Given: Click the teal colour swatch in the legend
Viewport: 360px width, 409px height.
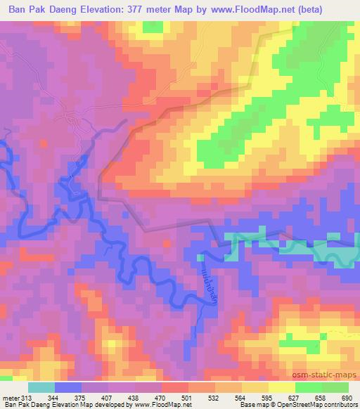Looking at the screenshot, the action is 41,387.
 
